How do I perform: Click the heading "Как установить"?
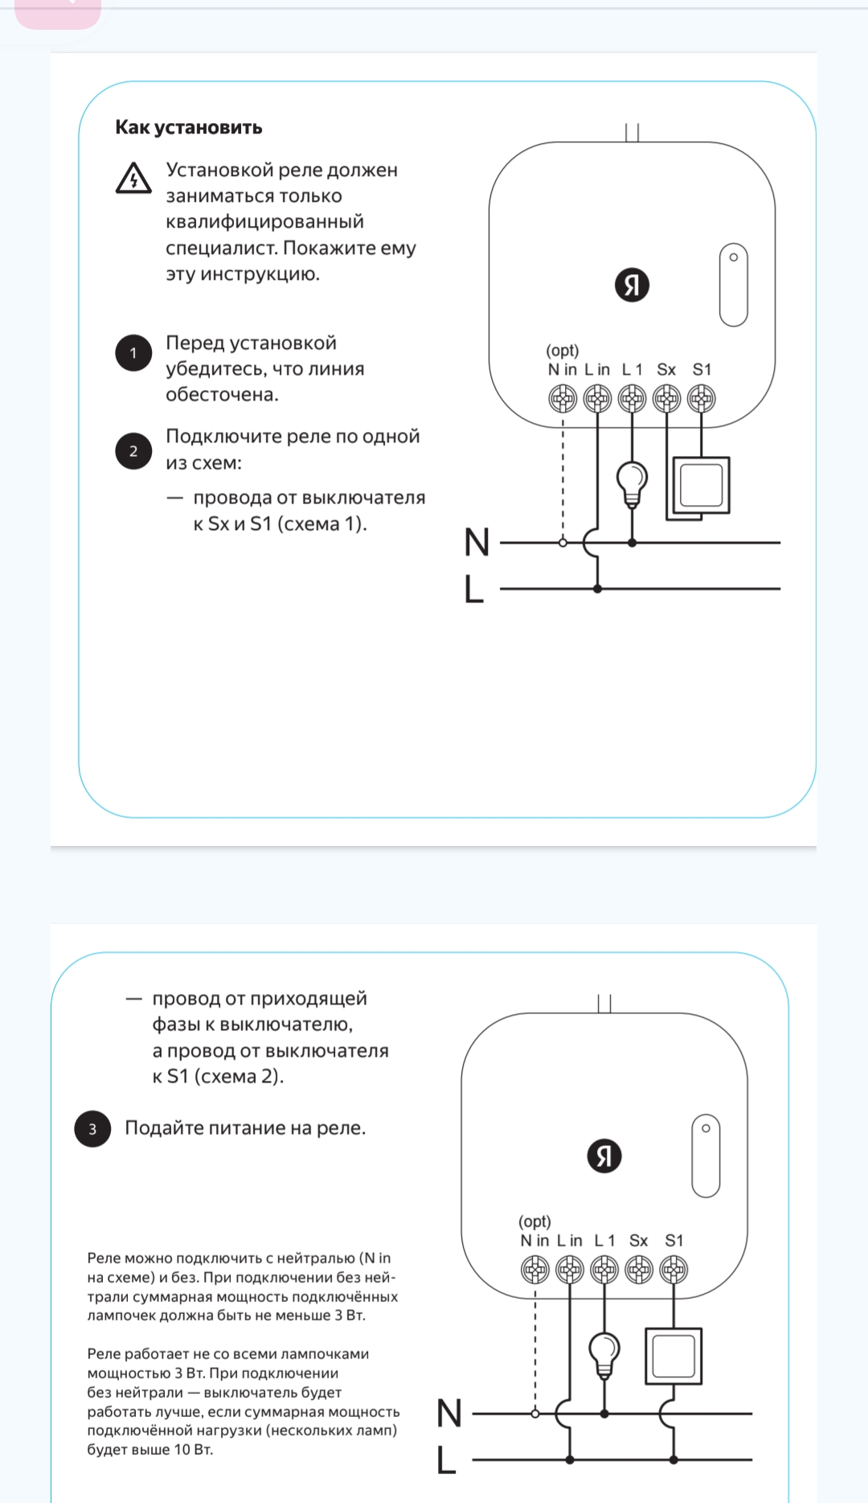(x=189, y=127)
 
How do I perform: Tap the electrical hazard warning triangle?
(x=133, y=179)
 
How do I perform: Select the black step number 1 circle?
(x=133, y=353)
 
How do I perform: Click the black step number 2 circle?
(x=133, y=451)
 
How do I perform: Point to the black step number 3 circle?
(x=92, y=1129)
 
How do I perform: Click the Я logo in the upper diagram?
(x=632, y=285)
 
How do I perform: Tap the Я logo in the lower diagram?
(x=604, y=1156)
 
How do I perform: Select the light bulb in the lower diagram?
(x=604, y=1353)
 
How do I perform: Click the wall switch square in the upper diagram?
(x=701, y=485)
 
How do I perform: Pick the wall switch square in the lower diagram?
(x=674, y=1357)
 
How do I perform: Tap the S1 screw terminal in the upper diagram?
(x=702, y=398)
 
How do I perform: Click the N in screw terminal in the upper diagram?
(x=563, y=398)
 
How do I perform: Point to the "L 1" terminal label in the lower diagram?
(x=604, y=1241)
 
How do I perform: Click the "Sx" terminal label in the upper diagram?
(x=666, y=370)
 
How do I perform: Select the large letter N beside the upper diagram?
(x=477, y=542)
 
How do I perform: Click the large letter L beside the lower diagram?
(x=447, y=1460)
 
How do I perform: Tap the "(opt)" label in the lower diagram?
(x=534, y=1222)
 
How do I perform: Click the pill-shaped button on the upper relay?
(x=733, y=285)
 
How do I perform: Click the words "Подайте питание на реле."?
(x=245, y=1128)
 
